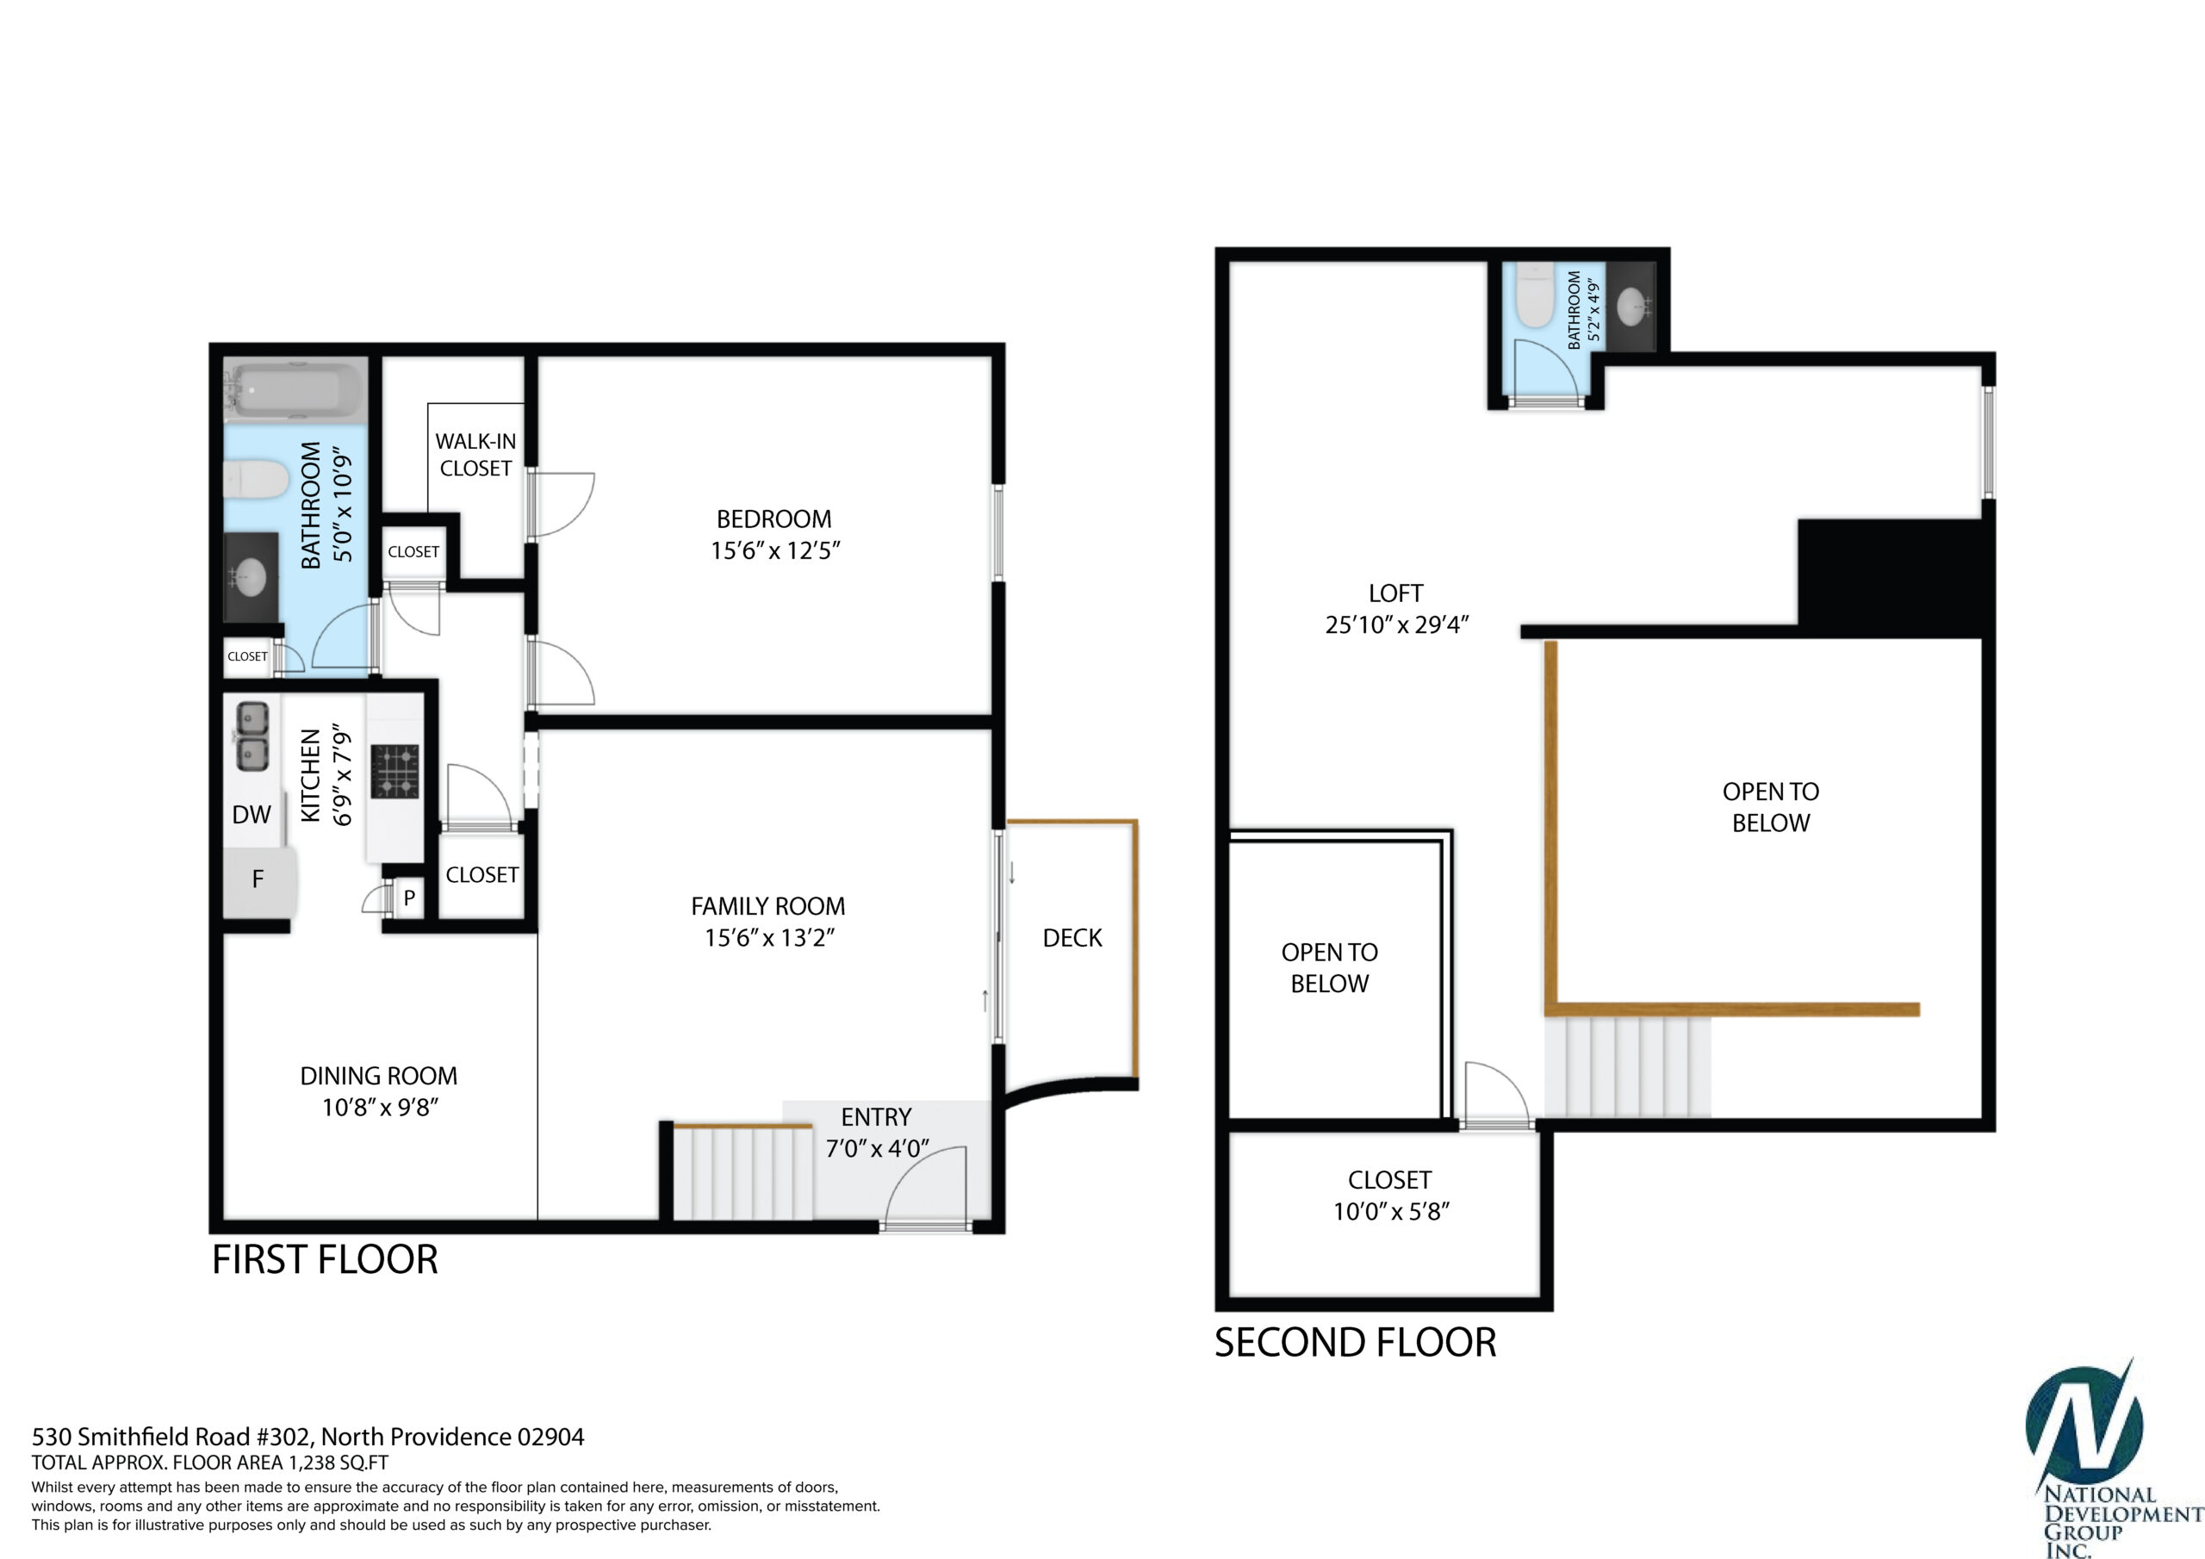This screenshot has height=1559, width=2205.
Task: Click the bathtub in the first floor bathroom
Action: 295,390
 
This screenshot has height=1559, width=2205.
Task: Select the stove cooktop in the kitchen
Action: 395,772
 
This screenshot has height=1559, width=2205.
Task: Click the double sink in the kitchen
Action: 252,736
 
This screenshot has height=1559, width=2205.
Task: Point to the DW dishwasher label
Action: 252,815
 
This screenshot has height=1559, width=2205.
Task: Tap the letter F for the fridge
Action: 258,879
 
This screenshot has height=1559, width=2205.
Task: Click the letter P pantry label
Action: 409,898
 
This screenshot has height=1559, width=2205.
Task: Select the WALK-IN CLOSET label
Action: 475,454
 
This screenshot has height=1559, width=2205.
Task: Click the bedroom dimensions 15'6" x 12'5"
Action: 775,550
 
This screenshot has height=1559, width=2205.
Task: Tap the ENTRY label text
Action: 876,1117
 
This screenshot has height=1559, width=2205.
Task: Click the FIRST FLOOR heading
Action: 325,1259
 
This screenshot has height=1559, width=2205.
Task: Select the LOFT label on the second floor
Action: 1395,593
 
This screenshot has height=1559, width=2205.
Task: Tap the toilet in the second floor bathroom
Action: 1535,297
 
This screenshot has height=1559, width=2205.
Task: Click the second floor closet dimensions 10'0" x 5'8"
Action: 1390,1211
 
